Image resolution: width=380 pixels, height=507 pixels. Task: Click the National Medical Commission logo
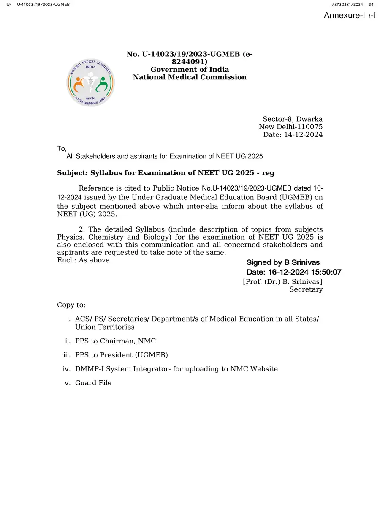click(90, 82)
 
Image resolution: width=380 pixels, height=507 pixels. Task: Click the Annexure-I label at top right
click(349, 16)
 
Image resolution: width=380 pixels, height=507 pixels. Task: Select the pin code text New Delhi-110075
click(290, 127)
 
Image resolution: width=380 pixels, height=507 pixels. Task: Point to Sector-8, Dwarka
click(293, 119)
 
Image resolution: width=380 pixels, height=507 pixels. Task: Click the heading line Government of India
click(190, 69)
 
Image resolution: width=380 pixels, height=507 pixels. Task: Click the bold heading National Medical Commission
click(190, 77)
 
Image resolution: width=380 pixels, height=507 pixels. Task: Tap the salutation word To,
click(62, 148)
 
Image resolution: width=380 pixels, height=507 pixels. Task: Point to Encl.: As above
click(83, 260)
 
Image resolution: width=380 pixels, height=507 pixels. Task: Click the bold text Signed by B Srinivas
click(283, 263)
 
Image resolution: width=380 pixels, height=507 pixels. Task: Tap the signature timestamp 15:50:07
click(325, 272)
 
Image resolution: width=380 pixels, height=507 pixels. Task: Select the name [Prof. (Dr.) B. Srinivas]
click(282, 281)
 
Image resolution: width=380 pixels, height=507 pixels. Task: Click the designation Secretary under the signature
click(306, 289)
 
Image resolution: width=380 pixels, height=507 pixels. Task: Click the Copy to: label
click(71, 305)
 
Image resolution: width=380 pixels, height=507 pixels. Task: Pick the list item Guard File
click(93, 383)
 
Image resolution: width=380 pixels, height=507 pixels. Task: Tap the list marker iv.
click(66, 369)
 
